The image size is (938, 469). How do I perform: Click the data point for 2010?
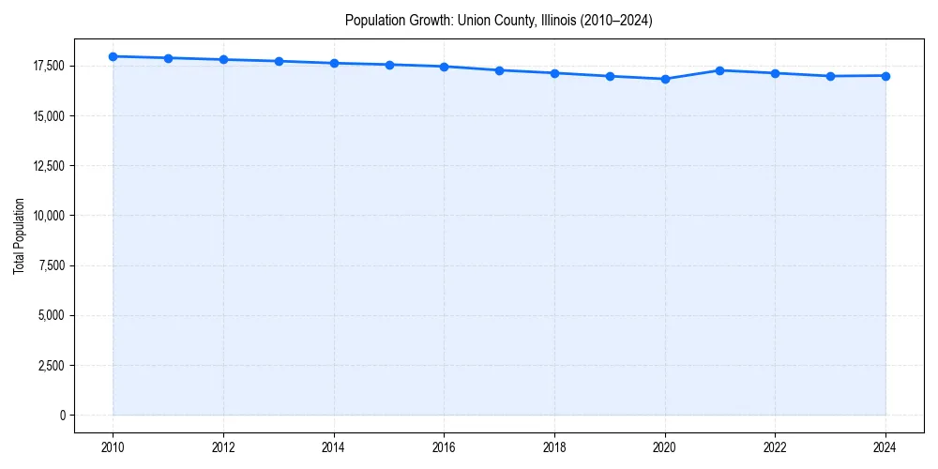coord(113,56)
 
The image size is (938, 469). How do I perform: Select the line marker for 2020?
coord(665,79)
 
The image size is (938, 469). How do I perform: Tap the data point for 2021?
coord(719,70)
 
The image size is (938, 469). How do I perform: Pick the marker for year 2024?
coord(885,76)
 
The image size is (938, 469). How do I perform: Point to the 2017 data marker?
coord(499,70)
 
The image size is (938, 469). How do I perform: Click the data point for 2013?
coord(279,61)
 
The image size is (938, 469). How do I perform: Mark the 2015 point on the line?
coord(389,65)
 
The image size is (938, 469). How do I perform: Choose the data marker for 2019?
coord(610,76)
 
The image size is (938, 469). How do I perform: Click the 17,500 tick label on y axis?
coord(48,66)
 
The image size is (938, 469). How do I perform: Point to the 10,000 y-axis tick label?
coord(48,216)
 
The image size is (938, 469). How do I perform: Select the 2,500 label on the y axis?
coord(51,365)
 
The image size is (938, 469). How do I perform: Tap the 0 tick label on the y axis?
coord(62,415)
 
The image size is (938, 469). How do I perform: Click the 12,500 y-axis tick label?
coord(48,166)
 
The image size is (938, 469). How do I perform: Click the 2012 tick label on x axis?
coord(223,447)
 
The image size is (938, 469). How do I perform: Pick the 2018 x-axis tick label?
coord(554,447)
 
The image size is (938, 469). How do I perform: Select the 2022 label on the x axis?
coord(775,447)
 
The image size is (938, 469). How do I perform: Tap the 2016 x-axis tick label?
coord(444,447)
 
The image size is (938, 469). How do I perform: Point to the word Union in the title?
coord(472,20)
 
